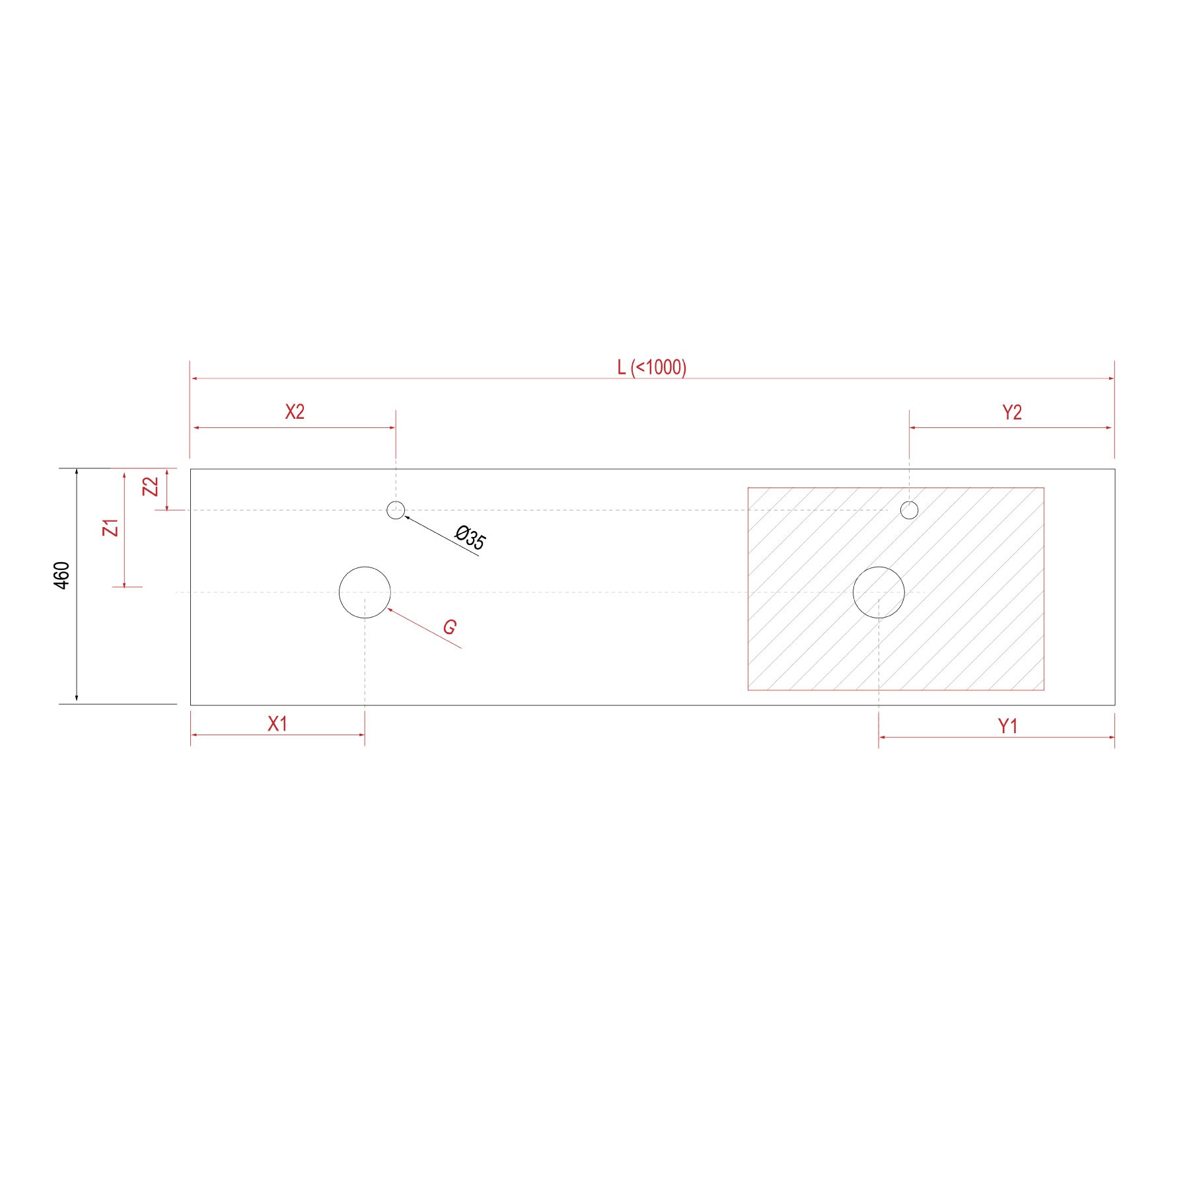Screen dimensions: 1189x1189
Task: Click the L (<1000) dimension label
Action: click(x=651, y=367)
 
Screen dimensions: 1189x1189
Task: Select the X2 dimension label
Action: click(x=295, y=412)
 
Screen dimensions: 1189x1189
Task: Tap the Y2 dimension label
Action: click(x=1012, y=413)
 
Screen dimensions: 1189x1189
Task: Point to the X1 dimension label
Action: click(x=277, y=724)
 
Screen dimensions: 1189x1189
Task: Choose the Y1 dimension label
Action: click(x=1007, y=727)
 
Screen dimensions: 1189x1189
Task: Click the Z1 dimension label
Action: click(x=111, y=528)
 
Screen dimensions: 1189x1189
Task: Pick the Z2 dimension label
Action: click(x=151, y=487)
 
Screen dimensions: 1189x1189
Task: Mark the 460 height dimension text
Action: click(x=61, y=575)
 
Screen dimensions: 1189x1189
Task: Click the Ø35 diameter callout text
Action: click(x=471, y=538)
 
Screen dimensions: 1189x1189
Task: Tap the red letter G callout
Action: click(x=450, y=627)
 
